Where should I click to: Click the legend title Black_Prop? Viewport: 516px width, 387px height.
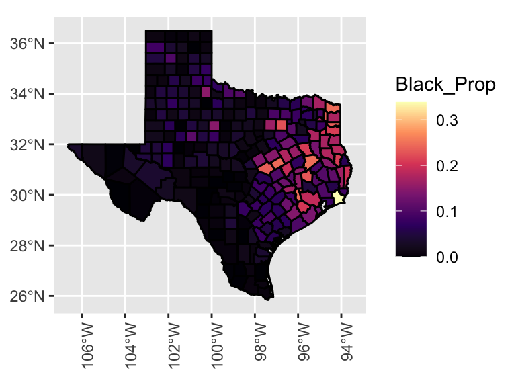(x=445, y=85)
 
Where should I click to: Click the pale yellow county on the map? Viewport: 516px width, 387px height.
(x=338, y=198)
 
